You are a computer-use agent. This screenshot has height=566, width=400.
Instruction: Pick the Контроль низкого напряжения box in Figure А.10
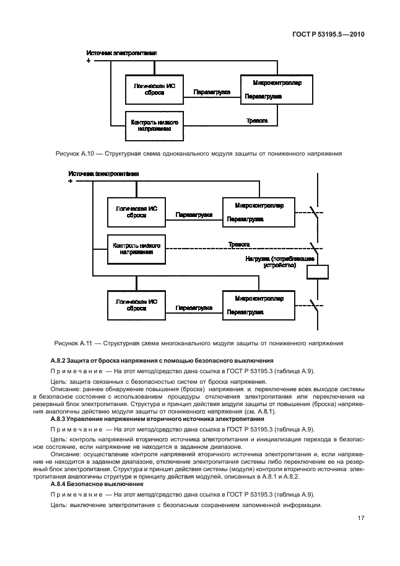pyautogui.click(x=154, y=126)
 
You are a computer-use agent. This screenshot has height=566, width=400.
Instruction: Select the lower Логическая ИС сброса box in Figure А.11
pyautogui.click(x=136, y=305)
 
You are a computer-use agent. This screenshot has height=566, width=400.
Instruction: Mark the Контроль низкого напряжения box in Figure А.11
pyautogui.click(x=136, y=250)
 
